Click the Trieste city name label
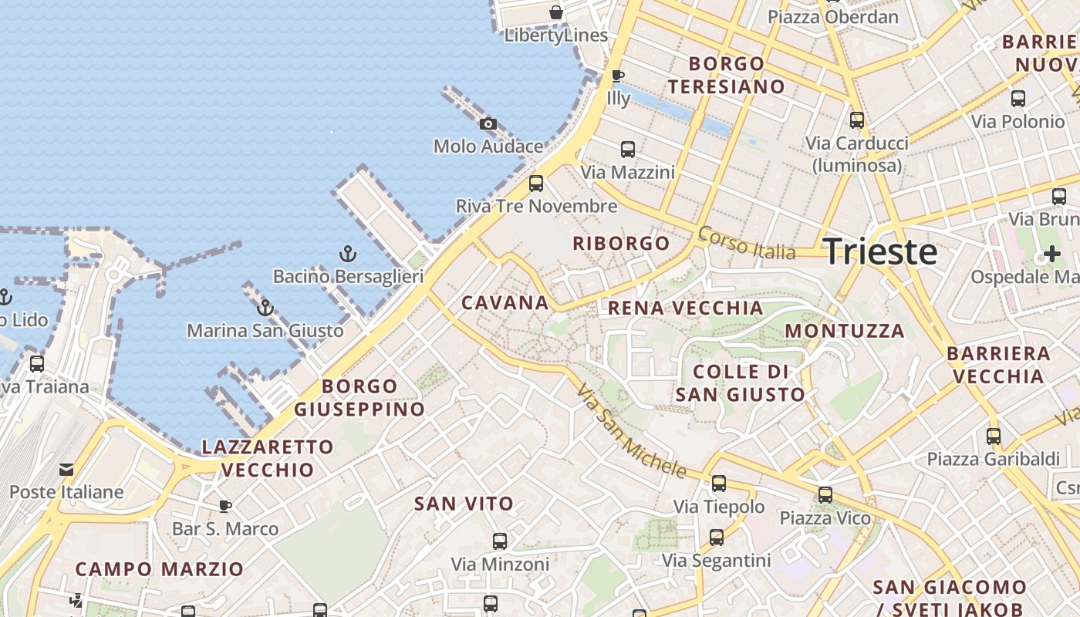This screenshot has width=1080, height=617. tap(881, 252)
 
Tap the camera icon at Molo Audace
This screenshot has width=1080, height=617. tap(488, 123)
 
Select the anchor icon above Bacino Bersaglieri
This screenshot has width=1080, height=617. tap(348, 253)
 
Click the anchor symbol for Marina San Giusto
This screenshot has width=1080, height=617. tap(265, 308)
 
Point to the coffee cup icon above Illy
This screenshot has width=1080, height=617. tap(617, 76)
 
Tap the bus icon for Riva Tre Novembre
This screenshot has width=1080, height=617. tap(536, 184)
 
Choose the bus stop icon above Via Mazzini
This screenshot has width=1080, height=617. tap(628, 150)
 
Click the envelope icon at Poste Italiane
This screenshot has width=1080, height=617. tap(66, 469)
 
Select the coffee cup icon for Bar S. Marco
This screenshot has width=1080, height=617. tap(224, 506)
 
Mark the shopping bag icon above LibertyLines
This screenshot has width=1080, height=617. tap(555, 12)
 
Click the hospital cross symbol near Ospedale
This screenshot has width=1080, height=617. tap(1052, 253)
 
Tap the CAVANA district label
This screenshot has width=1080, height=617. tap(505, 302)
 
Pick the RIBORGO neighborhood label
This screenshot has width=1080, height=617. tap(621, 244)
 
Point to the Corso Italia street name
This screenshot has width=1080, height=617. tap(746, 242)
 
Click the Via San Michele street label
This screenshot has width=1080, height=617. tap(630, 430)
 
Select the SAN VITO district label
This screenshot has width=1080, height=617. tap(464, 504)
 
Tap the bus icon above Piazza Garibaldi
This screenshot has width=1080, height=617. tap(994, 437)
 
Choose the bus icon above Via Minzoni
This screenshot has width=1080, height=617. tap(500, 541)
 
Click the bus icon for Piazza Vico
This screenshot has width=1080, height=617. tap(825, 495)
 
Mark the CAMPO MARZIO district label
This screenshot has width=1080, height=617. tap(159, 569)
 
